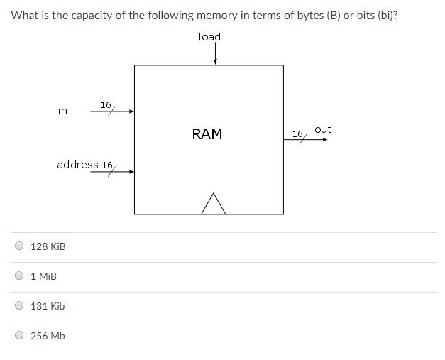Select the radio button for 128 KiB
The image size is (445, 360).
click(x=19, y=246)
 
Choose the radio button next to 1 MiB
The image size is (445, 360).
click(x=19, y=276)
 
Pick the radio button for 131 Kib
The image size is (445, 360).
click(x=19, y=306)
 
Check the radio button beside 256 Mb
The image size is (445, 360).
click(x=19, y=336)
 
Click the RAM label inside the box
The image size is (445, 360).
click(x=207, y=133)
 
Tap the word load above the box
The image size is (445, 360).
click(x=209, y=37)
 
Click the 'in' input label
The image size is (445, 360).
click(x=62, y=111)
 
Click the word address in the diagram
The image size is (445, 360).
click(x=77, y=165)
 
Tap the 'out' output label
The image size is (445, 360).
click(x=323, y=129)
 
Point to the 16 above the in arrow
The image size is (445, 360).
click(x=106, y=104)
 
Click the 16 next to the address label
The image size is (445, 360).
click(x=107, y=165)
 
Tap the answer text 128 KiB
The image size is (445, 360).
click(x=48, y=246)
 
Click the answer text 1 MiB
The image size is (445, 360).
click(x=44, y=276)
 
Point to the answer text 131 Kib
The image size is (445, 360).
click(x=48, y=306)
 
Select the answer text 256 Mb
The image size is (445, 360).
click(x=48, y=336)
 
